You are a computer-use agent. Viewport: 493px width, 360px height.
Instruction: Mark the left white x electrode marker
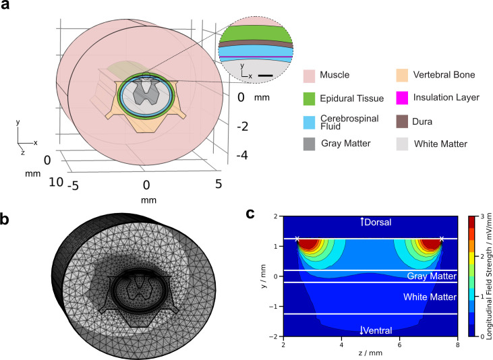click(x=297, y=239)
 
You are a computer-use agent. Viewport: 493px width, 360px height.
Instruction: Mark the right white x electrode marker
click(x=441, y=239)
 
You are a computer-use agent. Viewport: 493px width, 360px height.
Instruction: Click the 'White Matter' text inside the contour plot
click(x=429, y=297)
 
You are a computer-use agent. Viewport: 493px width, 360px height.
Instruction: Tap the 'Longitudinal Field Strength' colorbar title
click(x=488, y=276)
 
